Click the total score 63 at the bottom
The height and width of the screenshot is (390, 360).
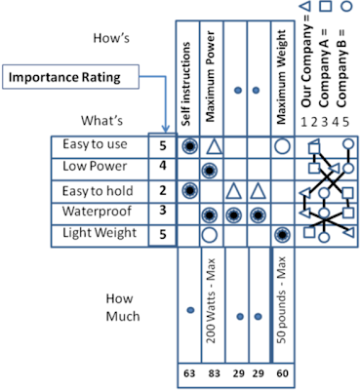(188, 373)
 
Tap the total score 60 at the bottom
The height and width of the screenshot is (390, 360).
(282, 373)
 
